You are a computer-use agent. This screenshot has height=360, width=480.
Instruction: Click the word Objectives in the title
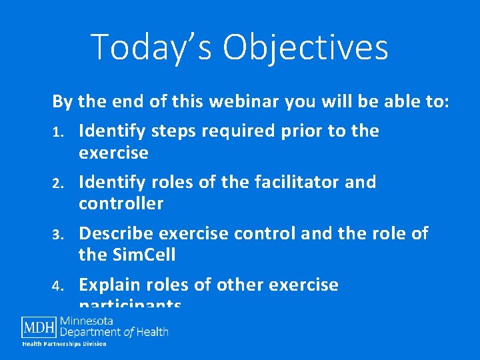click(x=306, y=47)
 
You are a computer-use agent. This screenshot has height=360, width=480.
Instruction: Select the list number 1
click(x=57, y=132)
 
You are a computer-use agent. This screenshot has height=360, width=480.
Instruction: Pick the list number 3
click(x=58, y=235)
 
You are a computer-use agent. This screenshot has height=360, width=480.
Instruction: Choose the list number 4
click(x=58, y=286)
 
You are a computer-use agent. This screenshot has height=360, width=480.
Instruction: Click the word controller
click(x=121, y=203)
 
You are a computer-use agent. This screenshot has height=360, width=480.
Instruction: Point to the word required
click(x=237, y=131)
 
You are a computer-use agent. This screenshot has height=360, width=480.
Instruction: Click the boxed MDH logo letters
click(x=39, y=327)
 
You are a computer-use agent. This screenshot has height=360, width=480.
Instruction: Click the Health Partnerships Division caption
click(x=65, y=344)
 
